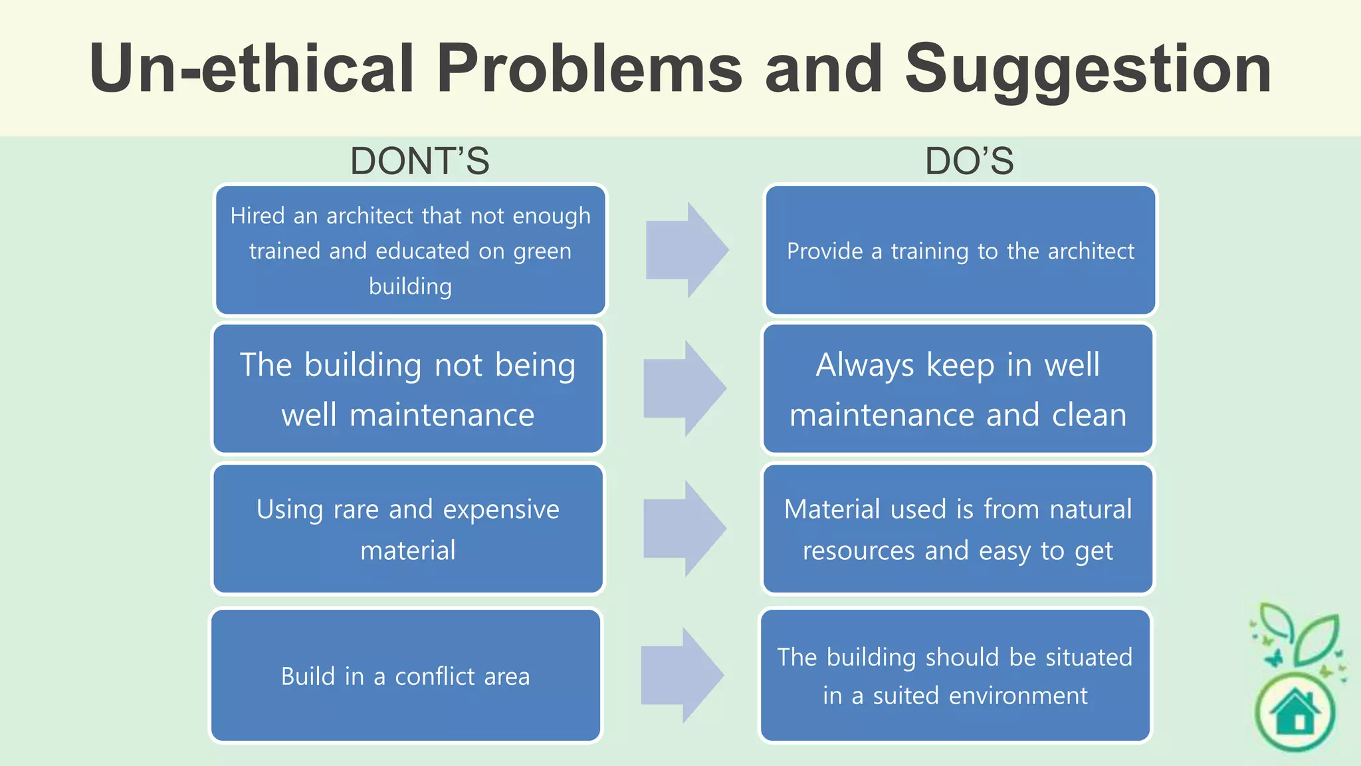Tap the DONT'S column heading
click(419, 162)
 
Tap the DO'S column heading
click(970, 162)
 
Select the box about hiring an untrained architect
click(410, 250)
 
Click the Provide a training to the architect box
click(960, 250)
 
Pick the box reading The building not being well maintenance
click(408, 389)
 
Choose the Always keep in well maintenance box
click(958, 389)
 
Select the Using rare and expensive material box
click(408, 529)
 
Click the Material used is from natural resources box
click(958, 529)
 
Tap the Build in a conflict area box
click(405, 676)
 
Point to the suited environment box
click(955, 676)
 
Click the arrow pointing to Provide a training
click(686, 250)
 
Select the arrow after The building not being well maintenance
click(684, 389)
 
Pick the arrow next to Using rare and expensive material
click(684, 529)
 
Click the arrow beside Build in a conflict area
click(682, 676)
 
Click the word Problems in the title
click(589, 68)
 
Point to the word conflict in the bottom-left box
click(435, 676)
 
